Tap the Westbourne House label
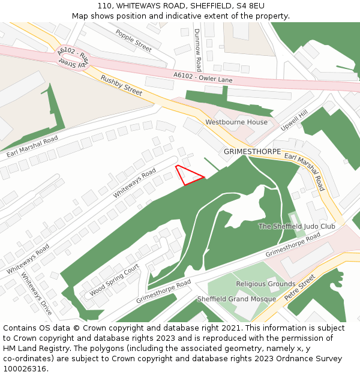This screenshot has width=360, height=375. point(236,122)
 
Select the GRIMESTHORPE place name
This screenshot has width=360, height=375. point(248,152)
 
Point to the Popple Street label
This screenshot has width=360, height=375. point(134,40)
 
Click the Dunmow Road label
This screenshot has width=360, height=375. point(197,50)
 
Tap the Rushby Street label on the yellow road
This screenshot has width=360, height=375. point(121,85)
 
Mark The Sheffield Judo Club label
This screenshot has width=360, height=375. point(296,226)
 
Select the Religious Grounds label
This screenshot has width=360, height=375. point(265,284)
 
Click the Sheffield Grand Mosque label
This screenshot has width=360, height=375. point(236,299)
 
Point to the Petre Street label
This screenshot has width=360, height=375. point(299,288)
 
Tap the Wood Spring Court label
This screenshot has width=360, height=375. point(114,280)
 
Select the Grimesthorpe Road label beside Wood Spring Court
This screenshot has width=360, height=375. point(163,291)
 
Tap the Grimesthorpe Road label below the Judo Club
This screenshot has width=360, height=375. point(293,245)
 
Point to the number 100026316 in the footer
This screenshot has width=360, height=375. point(24,368)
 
